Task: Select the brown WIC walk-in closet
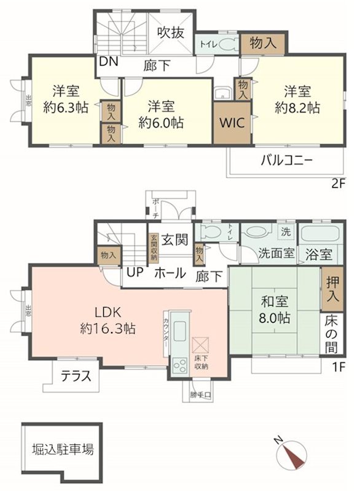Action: point(232,122)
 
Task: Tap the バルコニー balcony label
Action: point(287,161)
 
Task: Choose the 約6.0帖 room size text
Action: point(162,122)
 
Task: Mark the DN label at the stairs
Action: point(109,61)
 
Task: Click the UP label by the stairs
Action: point(136,272)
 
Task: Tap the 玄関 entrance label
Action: point(174,240)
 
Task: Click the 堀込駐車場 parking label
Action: point(63,450)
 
